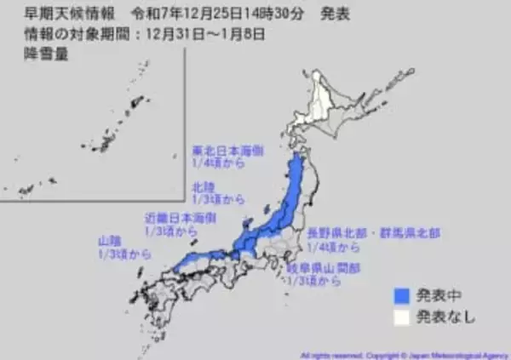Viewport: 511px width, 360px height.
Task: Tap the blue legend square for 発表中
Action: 399,296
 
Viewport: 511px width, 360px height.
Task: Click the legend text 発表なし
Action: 445,318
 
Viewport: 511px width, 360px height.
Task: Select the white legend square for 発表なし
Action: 399,318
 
